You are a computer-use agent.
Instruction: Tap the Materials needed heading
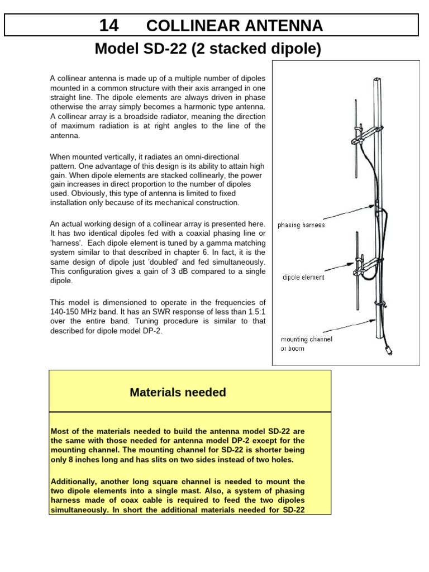point(178,392)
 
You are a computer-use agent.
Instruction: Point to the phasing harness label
point(301,225)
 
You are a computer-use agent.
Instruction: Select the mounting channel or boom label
point(306,344)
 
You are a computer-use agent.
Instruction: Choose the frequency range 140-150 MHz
point(83,312)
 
